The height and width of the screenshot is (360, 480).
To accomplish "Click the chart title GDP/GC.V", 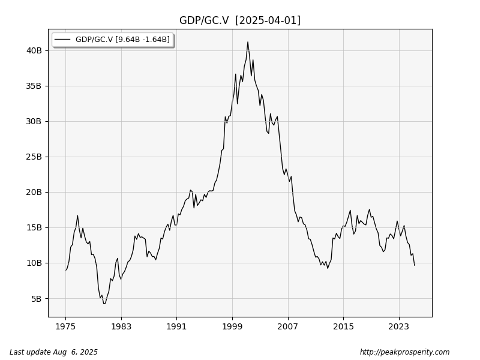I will click(204, 20).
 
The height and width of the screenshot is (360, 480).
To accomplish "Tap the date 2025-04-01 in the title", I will click(268, 20).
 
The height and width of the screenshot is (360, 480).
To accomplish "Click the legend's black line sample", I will click(62, 40).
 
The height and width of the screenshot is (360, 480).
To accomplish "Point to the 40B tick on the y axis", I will click(34, 50).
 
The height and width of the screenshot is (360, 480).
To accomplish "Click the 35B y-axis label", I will click(34, 86).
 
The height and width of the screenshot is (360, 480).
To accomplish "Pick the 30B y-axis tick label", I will click(34, 121).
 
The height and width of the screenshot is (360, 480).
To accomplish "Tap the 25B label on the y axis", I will click(34, 157).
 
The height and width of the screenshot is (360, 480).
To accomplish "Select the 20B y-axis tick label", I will click(34, 192).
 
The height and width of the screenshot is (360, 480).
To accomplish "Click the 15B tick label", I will click(34, 227).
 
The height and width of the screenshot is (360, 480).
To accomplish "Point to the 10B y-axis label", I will click(34, 263).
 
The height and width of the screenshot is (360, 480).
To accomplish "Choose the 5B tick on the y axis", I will click(37, 298).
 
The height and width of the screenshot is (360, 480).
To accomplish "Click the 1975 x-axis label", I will click(65, 326).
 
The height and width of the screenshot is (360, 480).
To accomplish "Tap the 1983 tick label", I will click(121, 326).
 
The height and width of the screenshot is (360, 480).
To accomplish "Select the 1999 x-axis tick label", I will click(232, 326).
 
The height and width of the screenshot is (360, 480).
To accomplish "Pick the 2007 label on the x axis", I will click(287, 326).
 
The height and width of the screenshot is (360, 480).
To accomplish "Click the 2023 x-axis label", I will click(398, 326).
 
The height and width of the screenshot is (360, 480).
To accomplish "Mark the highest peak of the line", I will click(247, 42).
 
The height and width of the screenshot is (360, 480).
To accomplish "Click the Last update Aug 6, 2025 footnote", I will click(53, 352).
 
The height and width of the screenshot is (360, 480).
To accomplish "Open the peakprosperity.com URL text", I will click(404, 352).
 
